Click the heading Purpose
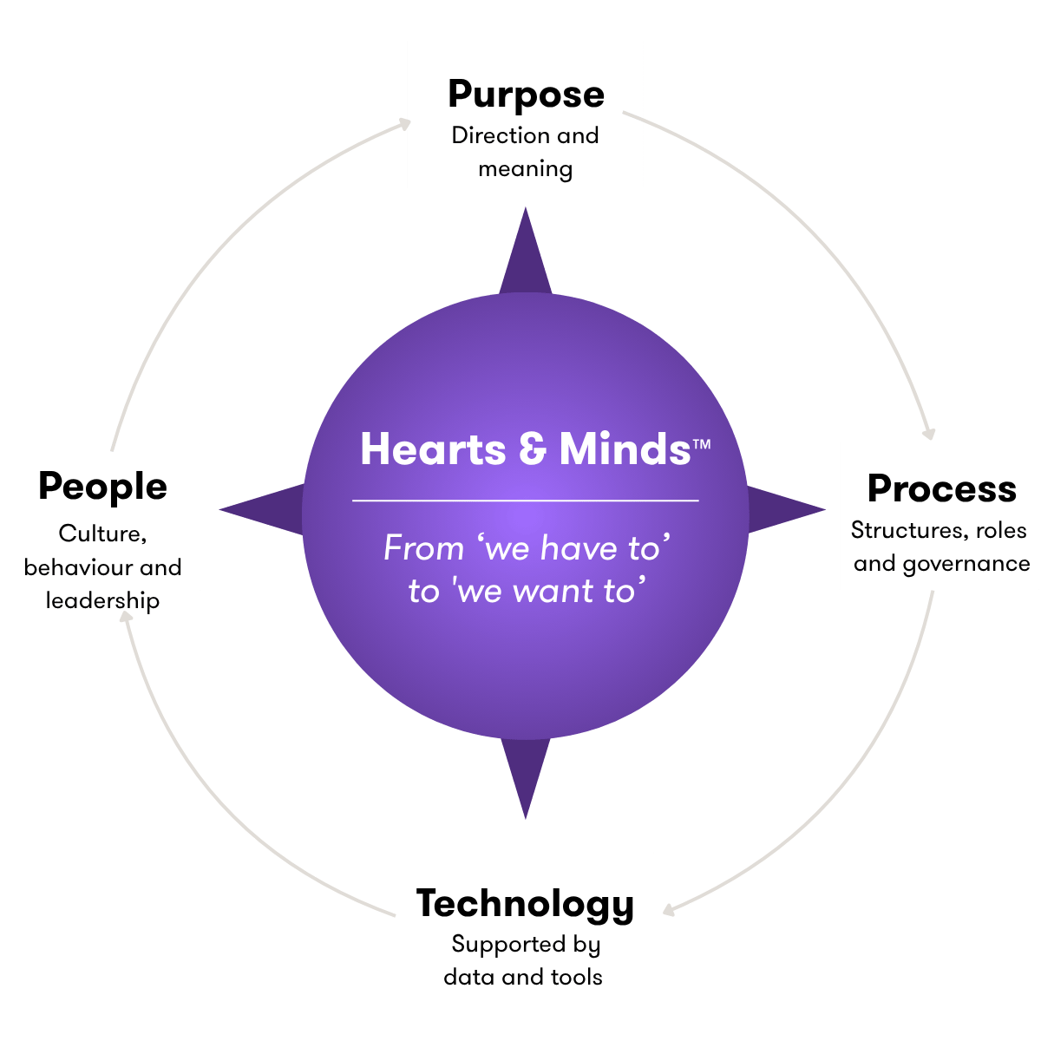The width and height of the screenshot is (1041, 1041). click(x=526, y=95)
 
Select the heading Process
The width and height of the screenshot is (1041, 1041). click(x=941, y=488)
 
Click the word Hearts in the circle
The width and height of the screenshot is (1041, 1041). click(x=433, y=448)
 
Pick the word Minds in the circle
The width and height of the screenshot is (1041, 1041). click(x=625, y=448)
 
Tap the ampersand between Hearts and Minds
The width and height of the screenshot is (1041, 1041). click(x=533, y=448)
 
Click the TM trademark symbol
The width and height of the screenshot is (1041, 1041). click(x=701, y=444)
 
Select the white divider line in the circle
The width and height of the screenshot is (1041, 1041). click(x=525, y=501)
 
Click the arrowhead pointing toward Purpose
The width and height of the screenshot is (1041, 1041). click(x=404, y=124)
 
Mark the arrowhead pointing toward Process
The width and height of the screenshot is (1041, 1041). click(x=928, y=434)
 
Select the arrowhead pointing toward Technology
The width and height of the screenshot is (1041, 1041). click(x=670, y=911)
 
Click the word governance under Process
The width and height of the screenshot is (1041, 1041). click(x=966, y=565)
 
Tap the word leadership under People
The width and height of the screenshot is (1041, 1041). click(x=102, y=600)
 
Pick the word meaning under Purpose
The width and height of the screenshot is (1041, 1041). click(x=525, y=170)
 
